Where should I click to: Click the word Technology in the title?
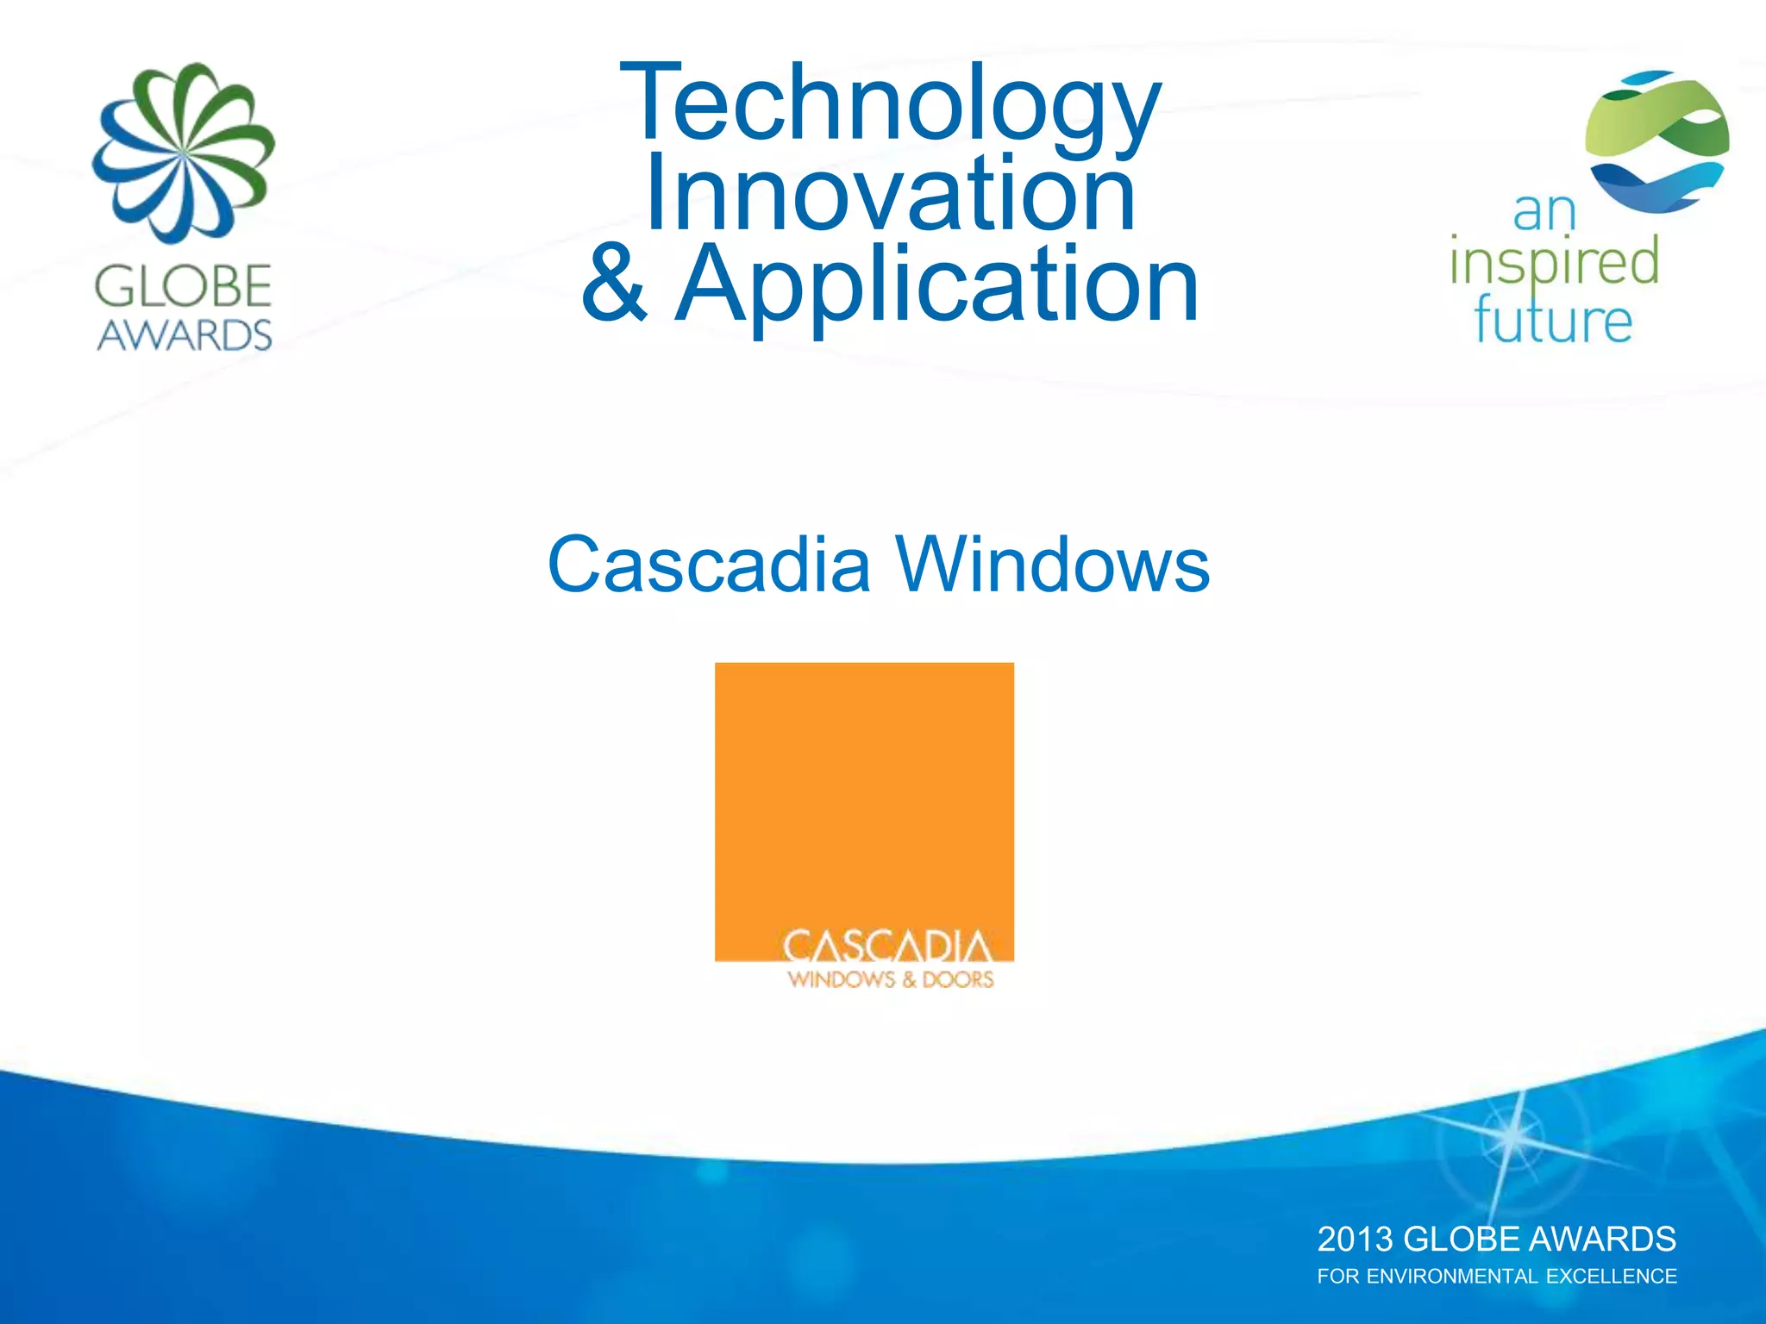pos(890,103)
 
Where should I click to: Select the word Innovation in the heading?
pos(890,193)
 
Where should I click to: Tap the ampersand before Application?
pos(613,283)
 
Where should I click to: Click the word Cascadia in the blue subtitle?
pos(709,565)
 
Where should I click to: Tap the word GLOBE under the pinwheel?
pos(184,286)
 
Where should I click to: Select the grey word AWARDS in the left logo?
pos(184,334)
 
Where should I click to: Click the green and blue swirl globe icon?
pos(1656,142)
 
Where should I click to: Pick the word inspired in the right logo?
pos(1554,262)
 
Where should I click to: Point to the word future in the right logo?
pos(1552,321)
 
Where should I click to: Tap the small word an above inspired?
pos(1544,212)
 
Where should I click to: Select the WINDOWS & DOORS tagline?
pos(890,979)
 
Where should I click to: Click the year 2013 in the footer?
pos(1355,1240)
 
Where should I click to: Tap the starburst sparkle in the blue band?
pos(1510,1138)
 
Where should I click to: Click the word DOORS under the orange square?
pos(958,979)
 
